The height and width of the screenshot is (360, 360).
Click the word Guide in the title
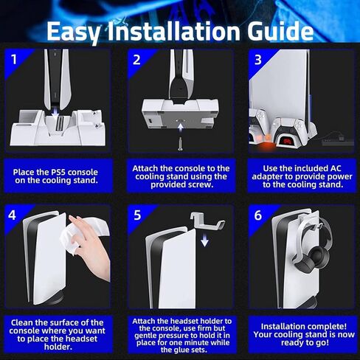[x=280, y=31]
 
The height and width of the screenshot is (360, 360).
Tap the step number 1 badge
[x=14, y=60]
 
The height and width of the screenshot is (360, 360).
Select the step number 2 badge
[x=136, y=60]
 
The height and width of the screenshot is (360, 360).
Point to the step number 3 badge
[x=258, y=60]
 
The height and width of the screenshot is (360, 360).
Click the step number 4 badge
[x=12, y=215]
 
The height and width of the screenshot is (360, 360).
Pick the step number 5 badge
[x=137, y=215]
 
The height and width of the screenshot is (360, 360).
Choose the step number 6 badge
[x=258, y=215]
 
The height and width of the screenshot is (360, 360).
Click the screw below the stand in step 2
[x=180, y=144]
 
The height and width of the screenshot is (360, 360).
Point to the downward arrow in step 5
[x=204, y=240]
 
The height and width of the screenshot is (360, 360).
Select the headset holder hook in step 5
[x=207, y=220]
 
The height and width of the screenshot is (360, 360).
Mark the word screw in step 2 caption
[x=198, y=184]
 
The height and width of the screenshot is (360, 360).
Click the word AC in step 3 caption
[x=335, y=168]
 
